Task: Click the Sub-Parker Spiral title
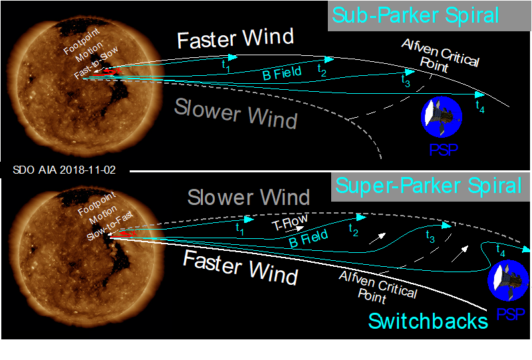coord(416,15)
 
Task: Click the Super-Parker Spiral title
coord(428,186)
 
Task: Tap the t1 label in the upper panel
coord(226,66)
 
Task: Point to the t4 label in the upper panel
coord(480,106)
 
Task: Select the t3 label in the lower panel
coord(430,237)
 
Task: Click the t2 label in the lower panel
coord(354,230)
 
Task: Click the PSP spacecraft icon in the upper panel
coord(442,117)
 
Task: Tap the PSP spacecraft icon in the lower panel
coord(508,281)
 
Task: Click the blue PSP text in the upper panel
coord(444,150)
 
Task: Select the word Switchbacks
coord(428,321)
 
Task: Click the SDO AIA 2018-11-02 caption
coord(64,170)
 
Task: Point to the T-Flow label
coord(290,222)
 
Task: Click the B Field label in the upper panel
coord(282,73)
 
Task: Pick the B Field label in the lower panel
coord(308,238)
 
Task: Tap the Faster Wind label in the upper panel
coord(235,39)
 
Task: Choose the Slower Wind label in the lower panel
coord(249,197)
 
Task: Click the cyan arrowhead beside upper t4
coord(479,94)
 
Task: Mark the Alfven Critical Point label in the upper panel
coord(440,56)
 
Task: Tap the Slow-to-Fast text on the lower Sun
coord(110,226)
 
